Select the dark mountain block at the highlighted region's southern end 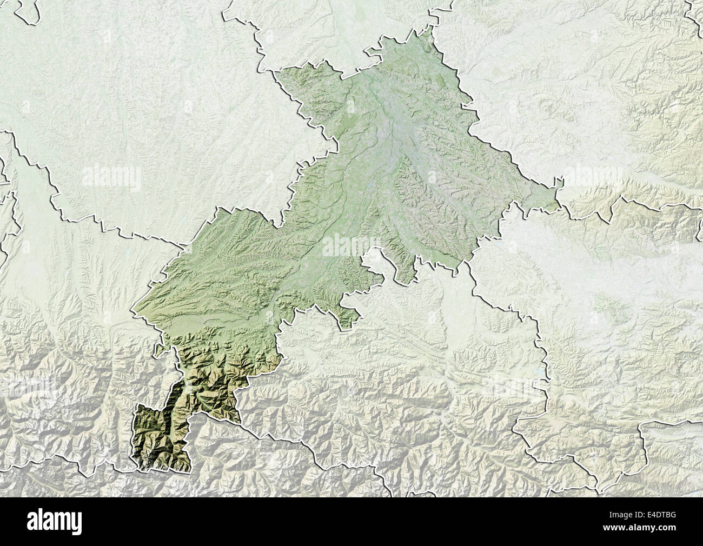click(157, 438)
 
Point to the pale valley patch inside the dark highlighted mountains click(189, 387)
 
